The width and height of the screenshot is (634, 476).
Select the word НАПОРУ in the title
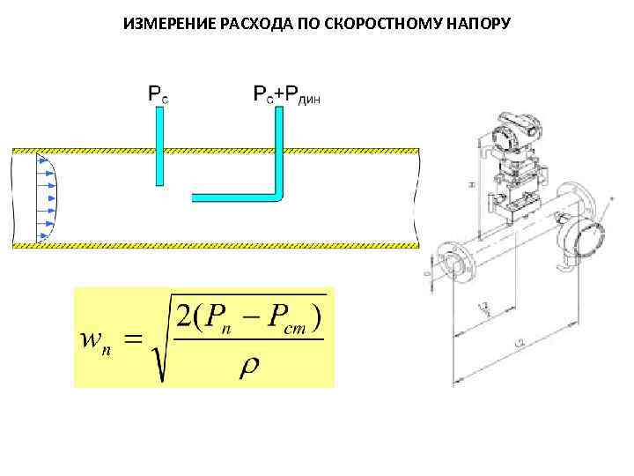[476, 20]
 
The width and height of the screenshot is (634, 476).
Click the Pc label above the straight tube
[158, 93]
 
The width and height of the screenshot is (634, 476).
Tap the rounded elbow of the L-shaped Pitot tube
[277, 196]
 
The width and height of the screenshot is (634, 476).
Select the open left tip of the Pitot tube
[195, 197]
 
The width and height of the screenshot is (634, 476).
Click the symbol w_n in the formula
[96, 339]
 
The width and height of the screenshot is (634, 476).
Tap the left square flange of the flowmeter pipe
[446, 262]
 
